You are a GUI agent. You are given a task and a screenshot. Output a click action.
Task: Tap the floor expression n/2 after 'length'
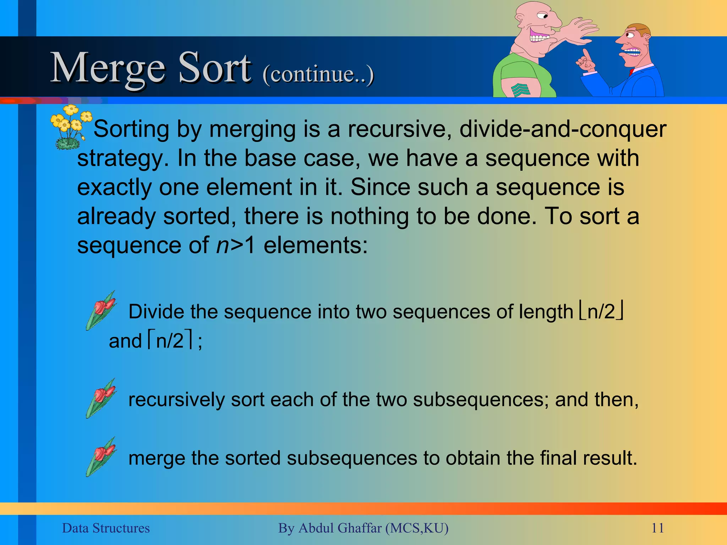pos(601,312)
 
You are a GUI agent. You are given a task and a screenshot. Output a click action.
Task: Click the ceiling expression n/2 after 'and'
pos(170,341)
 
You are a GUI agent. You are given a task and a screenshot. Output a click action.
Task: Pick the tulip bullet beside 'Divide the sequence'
pos(101,310)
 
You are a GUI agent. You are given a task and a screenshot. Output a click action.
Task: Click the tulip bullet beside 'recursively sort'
pos(101,398)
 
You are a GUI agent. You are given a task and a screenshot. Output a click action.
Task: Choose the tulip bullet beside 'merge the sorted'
pos(101,456)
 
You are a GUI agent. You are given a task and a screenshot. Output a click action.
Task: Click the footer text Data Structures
pos(106,528)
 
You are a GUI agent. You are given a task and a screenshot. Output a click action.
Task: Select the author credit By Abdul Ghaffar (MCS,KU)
pos(363,528)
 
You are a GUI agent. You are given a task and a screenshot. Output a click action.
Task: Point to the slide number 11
pos(657,528)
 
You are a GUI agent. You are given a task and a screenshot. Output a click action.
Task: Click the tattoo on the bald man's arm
pos(520,90)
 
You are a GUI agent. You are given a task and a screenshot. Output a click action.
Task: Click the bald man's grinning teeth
pos(539,37)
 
